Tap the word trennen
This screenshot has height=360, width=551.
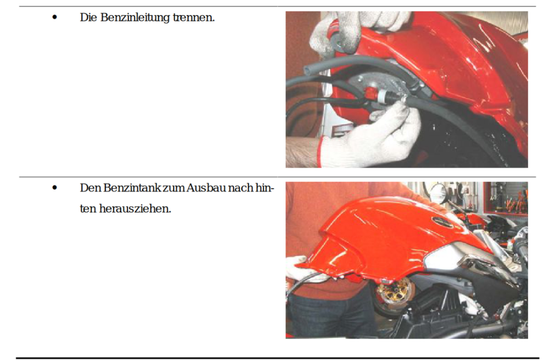[193, 17]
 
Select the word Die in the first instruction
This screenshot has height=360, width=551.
[88, 17]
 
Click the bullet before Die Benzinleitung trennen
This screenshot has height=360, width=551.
[55, 17]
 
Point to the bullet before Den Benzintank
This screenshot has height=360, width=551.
[55, 187]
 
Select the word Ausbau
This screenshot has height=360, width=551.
[206, 188]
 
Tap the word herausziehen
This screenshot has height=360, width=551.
[135, 208]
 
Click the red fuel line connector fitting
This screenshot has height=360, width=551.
[370, 93]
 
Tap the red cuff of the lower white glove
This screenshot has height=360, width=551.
[319, 152]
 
